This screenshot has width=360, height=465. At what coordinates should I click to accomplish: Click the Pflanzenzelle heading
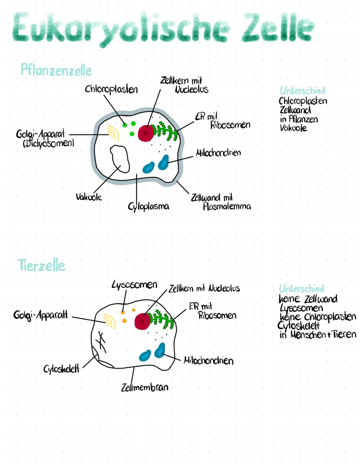pos(56,70)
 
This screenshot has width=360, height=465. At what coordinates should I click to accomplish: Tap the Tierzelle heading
pos(42,266)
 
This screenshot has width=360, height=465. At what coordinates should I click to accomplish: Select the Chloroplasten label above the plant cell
pos(111,89)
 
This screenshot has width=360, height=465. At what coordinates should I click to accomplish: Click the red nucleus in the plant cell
pos(145,133)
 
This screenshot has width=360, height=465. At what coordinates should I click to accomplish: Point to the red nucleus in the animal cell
pos(142,321)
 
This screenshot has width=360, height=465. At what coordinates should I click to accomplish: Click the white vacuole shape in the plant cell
pos(120,159)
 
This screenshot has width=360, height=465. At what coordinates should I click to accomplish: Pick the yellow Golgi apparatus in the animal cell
pos(110,321)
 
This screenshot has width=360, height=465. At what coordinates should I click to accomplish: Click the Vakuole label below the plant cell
pos(89,197)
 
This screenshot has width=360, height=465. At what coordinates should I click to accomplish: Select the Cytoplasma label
pos(148,207)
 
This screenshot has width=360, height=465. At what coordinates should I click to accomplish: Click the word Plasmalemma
pos(227,207)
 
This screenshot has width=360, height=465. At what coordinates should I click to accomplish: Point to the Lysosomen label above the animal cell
pos(134,285)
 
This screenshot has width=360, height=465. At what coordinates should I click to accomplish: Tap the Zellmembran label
pos(145,387)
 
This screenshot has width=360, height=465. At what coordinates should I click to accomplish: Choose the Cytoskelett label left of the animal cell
pos(61,369)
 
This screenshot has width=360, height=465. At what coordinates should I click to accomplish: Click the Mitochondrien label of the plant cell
pos(218,153)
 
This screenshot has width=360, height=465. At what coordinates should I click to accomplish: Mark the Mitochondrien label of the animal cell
pos(208,361)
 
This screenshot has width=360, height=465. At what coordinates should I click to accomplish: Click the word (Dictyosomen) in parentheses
pos(48,143)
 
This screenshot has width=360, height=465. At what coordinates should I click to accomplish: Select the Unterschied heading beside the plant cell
pos(302,91)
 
